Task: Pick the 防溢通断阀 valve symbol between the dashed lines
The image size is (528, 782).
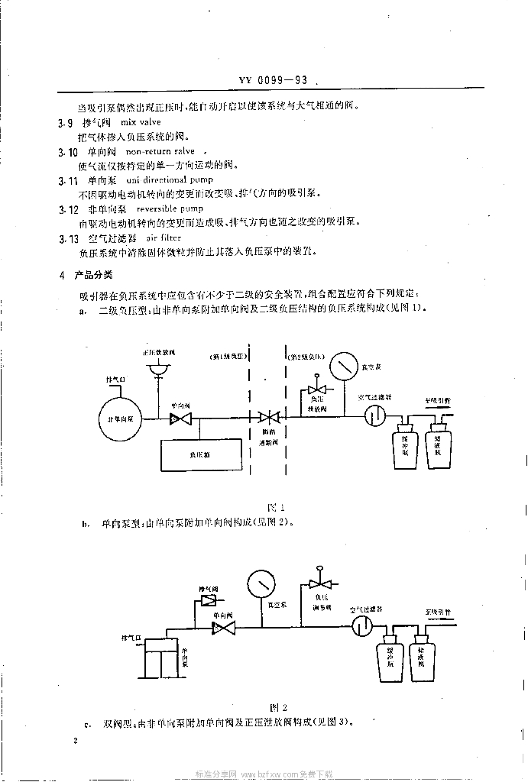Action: pyautogui.click(x=270, y=418)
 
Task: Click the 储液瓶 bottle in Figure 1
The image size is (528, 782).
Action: pyautogui.click(x=439, y=448)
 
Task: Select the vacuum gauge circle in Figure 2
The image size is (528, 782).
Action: pyautogui.click(x=261, y=583)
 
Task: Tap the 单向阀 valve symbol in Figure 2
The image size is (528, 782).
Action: pyautogui.click(x=223, y=628)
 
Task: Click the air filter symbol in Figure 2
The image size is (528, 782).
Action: pyautogui.click(x=363, y=626)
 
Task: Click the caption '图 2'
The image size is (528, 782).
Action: pyautogui.click(x=277, y=708)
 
